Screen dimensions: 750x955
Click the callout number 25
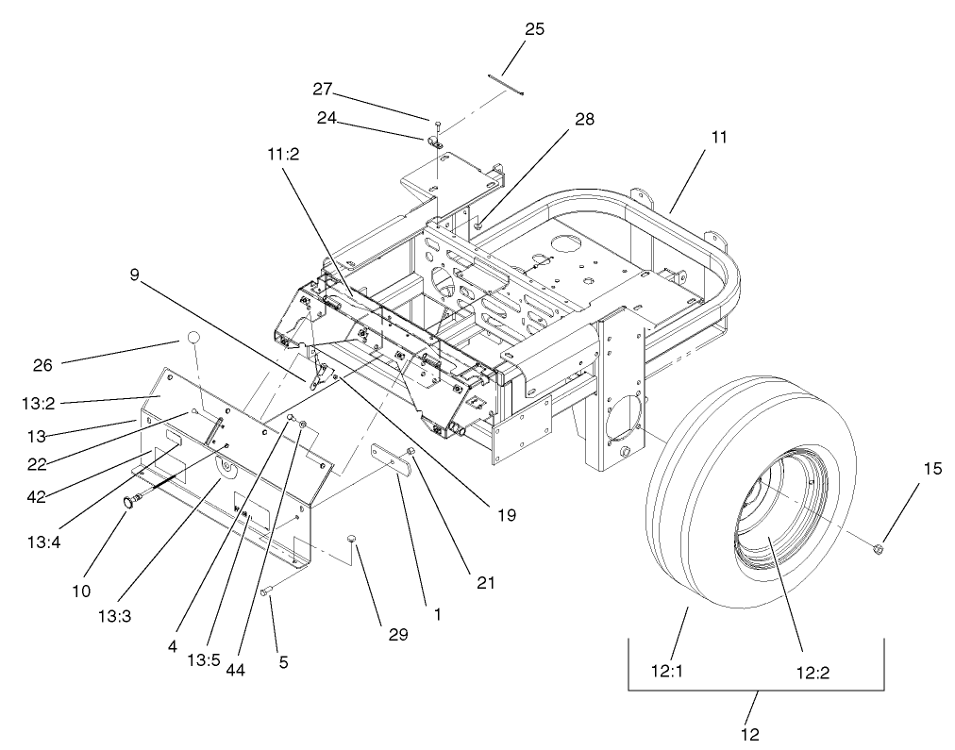[x=534, y=28]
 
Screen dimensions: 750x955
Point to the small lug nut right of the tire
[x=879, y=547]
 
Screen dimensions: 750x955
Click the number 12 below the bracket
[x=751, y=733]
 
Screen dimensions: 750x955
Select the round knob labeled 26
[x=193, y=338]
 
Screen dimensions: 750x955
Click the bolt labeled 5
[x=266, y=592]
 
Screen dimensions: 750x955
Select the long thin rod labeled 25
[x=506, y=83]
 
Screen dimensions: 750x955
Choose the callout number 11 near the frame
[x=720, y=138]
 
